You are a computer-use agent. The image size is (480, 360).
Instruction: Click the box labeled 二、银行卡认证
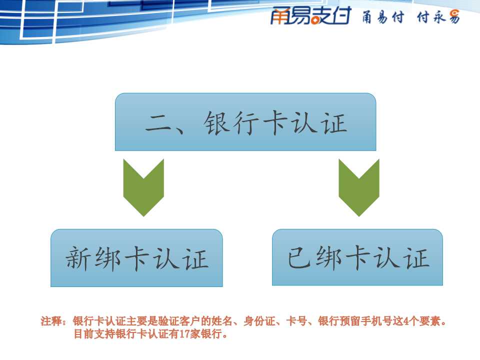coord(245,122)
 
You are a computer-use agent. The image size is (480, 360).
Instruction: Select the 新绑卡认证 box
coord(136,258)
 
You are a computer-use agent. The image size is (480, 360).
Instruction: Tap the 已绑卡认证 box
coord(357,257)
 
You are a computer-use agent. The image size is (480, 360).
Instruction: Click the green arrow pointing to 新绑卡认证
coord(143,187)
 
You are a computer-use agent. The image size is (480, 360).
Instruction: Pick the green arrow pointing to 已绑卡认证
coord(359,187)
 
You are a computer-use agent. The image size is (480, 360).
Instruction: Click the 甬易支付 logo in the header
coord(310,16)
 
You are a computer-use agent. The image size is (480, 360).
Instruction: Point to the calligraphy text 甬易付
coord(383,17)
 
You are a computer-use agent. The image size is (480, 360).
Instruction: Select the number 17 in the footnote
coord(184,333)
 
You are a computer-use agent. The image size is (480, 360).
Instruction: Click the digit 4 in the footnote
coord(406,321)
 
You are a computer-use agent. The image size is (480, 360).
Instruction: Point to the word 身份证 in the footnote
coord(259,321)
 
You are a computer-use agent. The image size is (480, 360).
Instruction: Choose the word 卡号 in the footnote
coord(296,321)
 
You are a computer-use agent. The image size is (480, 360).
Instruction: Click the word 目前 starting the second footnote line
coord(84,333)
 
